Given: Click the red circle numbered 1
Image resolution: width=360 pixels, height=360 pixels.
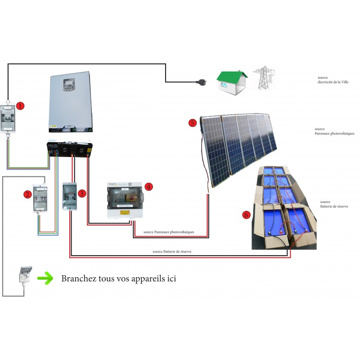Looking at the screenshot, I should tap(20, 106).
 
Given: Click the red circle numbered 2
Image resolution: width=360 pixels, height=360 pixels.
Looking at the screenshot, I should tap(28, 194).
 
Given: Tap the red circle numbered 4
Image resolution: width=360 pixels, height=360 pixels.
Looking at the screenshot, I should tap(148, 186).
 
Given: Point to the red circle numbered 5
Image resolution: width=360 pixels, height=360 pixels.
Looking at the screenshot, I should tap(193, 122).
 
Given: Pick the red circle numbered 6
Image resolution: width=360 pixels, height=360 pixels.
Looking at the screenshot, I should tap(246, 215).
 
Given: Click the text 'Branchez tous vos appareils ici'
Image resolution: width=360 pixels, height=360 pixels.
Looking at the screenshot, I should tap(118, 279).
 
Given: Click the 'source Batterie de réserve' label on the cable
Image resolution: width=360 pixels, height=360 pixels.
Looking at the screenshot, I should tap(172, 252).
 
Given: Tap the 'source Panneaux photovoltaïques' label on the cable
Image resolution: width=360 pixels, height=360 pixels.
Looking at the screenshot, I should tap(169, 232).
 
